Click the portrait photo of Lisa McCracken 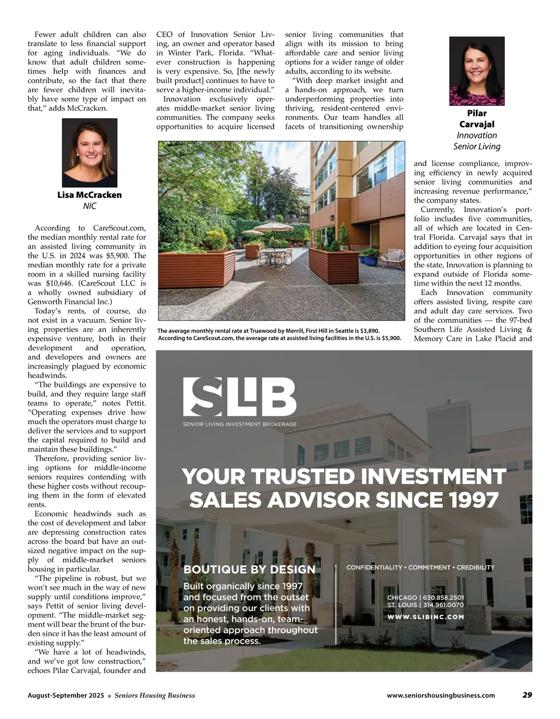tap(90, 153)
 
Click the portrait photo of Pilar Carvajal tap(476, 71)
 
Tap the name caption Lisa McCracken tap(90, 195)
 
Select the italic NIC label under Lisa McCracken tap(90, 206)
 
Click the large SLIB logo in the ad tap(239, 397)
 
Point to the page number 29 tap(527, 695)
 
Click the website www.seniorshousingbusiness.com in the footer tap(441, 695)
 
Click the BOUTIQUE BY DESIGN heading tap(250, 569)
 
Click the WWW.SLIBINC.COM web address tap(426, 617)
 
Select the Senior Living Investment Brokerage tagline tap(240, 425)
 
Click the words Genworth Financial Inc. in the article tap(68, 301)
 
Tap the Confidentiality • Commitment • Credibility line tap(420, 567)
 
